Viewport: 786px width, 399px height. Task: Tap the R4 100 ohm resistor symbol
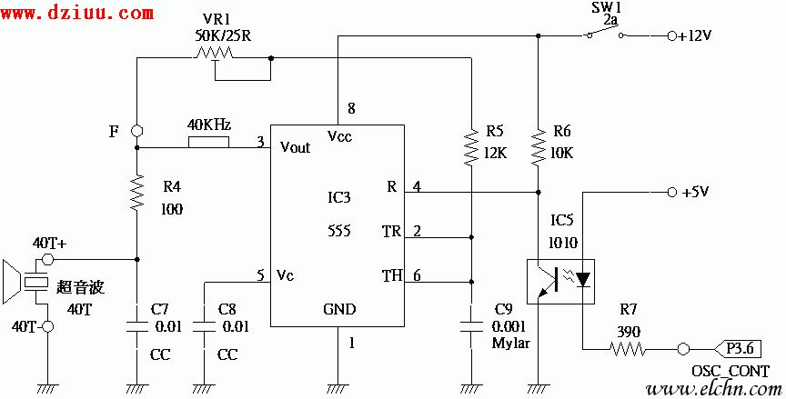(136, 193)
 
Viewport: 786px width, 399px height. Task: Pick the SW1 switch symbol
(605, 35)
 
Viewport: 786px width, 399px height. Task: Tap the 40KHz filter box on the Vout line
(208, 143)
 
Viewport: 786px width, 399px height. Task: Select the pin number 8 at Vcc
(351, 110)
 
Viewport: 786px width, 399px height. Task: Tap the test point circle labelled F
(136, 130)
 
